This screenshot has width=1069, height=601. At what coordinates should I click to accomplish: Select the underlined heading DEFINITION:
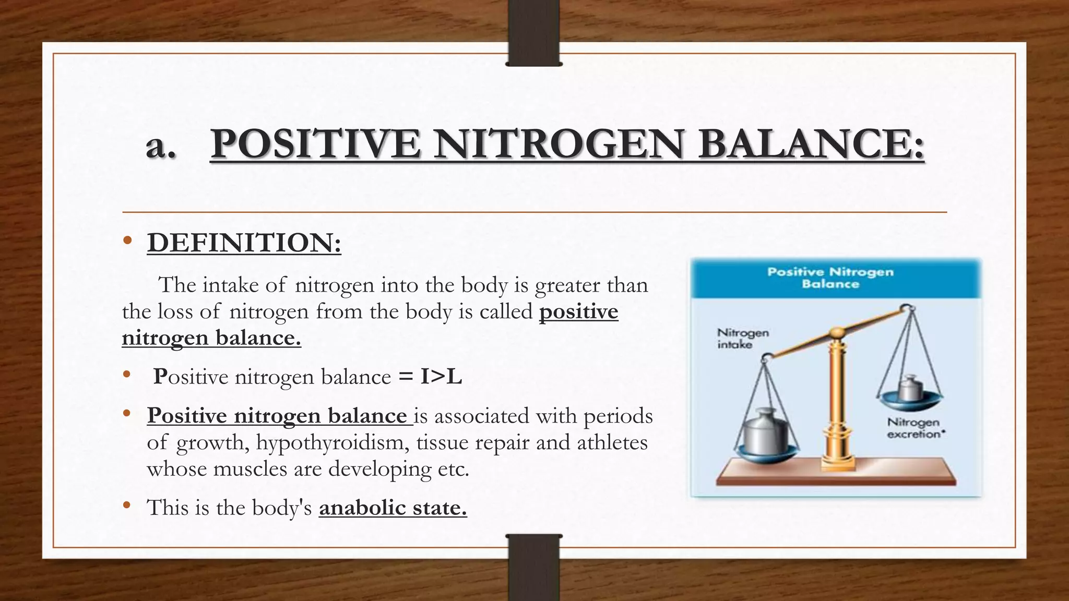[244, 243]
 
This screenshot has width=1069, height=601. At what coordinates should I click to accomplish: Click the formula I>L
[441, 377]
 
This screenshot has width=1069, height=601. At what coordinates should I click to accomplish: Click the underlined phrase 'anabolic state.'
[393, 507]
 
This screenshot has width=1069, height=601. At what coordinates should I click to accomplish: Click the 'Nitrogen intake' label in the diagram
[742, 338]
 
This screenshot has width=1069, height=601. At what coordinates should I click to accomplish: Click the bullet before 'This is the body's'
[126, 506]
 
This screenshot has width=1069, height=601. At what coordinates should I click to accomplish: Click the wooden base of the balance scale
[835, 474]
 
